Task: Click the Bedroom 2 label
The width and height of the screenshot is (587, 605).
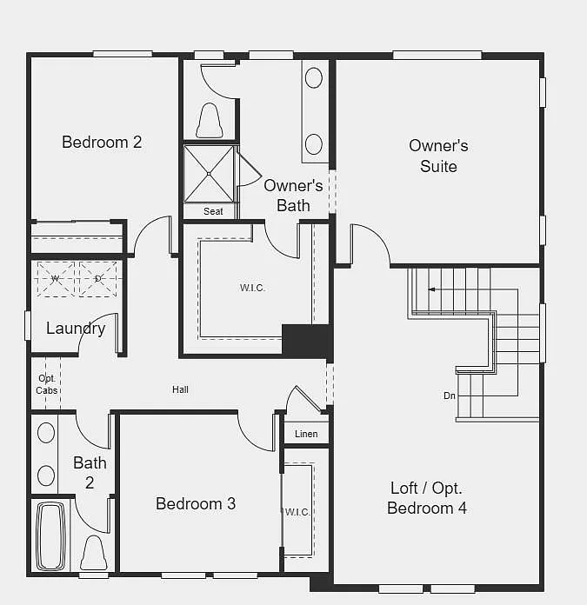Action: (x=102, y=142)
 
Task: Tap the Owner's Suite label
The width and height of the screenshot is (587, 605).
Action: (x=438, y=156)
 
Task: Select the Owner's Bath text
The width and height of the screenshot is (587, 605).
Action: (x=293, y=196)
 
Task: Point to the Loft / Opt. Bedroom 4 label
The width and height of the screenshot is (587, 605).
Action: (x=427, y=498)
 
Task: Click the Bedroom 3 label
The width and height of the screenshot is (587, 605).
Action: (x=196, y=503)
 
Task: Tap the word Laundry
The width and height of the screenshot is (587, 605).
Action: (x=76, y=329)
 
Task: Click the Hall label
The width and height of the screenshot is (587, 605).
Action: (x=180, y=389)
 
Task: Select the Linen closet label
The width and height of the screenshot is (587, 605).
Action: (x=306, y=434)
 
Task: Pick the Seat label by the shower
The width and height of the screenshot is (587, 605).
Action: (x=213, y=211)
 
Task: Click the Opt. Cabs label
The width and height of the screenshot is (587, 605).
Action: (x=47, y=384)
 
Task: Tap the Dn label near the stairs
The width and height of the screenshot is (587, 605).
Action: (x=449, y=396)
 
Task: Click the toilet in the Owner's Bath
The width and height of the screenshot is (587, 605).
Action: (x=209, y=121)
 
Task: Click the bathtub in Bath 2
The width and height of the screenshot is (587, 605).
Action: (x=50, y=534)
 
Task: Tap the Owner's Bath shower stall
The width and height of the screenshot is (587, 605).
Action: (x=210, y=173)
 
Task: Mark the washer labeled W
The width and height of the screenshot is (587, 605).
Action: (x=55, y=278)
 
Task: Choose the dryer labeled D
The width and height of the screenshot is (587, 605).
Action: (x=97, y=278)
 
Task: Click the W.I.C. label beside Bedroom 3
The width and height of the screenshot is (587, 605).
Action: (x=297, y=512)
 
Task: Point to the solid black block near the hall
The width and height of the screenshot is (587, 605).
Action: (x=306, y=340)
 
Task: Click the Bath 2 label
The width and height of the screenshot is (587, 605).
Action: (x=90, y=472)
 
